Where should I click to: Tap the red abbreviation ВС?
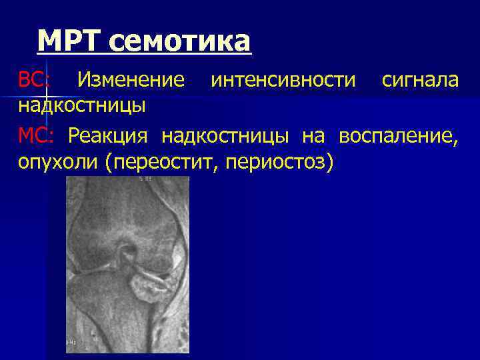[x=33, y=81]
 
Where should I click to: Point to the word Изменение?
[x=131, y=81]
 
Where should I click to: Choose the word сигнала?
[x=420, y=81]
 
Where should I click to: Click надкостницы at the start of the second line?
[x=82, y=105]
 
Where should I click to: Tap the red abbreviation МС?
[x=33, y=136]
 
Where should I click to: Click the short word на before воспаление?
[x=313, y=136]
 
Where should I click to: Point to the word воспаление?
[x=398, y=136]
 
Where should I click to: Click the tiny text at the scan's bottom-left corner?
[x=71, y=342]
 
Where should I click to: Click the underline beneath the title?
[x=144, y=53]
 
